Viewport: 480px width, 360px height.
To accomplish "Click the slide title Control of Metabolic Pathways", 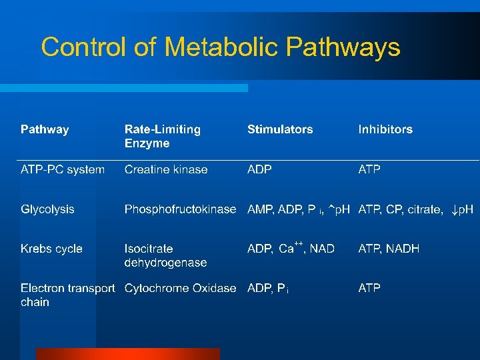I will tap(220, 47).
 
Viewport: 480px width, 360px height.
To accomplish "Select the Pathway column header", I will tap(45, 129).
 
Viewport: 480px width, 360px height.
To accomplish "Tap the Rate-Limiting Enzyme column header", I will tap(162, 136).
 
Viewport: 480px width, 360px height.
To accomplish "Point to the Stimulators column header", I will tap(280, 129).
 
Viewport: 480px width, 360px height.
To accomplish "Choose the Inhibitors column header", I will tap(385, 129).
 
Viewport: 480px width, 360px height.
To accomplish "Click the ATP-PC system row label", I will tap(63, 169).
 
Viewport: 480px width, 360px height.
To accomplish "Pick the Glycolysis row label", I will tap(47, 209).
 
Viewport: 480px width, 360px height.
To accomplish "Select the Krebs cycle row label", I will tap(51, 249).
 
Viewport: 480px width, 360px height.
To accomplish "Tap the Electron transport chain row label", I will tap(67, 295).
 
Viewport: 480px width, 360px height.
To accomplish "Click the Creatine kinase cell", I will tap(166, 169).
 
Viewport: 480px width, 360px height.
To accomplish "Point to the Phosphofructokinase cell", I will tap(180, 209).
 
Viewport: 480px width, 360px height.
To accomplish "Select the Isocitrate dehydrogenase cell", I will tap(165, 255).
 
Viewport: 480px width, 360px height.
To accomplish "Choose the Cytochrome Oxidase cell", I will tap(180, 288).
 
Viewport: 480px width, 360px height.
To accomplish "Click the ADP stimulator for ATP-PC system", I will tap(259, 169).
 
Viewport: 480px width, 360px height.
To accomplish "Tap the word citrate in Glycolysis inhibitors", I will tap(424, 209).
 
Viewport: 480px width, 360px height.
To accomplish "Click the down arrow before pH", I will tap(453, 209).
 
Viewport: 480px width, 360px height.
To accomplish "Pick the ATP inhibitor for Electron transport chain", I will tap(369, 288).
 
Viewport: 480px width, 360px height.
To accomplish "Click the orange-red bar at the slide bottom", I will tap(127, 354).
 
